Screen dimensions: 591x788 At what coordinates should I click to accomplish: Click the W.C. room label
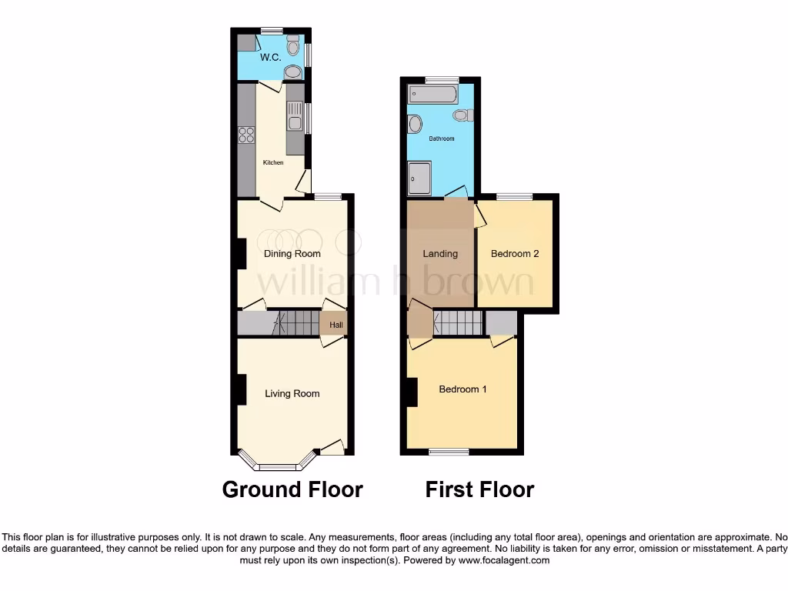tap(270, 58)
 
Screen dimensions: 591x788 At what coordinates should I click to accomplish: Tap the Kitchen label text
tap(273, 162)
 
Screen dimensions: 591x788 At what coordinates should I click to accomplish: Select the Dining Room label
tap(292, 253)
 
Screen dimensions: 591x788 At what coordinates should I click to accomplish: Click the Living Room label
tap(292, 393)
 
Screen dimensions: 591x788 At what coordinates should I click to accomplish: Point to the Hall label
tap(336, 326)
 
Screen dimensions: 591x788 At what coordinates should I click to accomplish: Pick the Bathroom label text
tap(442, 139)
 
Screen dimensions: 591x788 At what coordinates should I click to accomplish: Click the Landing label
tap(440, 253)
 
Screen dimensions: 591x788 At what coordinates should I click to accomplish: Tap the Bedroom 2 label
tap(515, 253)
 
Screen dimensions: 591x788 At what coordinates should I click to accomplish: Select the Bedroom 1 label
tap(462, 389)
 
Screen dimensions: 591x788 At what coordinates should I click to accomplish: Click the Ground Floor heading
tap(292, 489)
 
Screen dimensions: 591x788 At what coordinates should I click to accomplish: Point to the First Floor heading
tap(479, 489)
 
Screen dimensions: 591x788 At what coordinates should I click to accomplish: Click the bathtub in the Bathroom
tap(434, 94)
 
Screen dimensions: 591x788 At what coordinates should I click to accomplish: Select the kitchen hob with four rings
tap(247, 135)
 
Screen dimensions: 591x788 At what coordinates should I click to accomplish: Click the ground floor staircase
tap(296, 322)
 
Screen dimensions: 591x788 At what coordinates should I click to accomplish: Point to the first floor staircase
tap(458, 322)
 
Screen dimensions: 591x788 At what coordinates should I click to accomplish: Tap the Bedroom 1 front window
tap(449, 452)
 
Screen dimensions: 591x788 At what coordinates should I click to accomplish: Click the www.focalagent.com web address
tap(503, 561)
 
